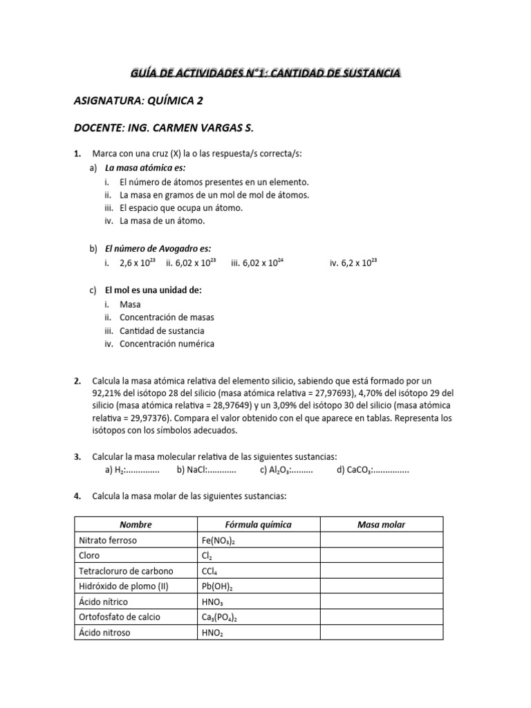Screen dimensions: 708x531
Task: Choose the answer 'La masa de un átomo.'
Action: pyautogui.click(x=162, y=221)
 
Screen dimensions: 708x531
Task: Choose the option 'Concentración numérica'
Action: pyautogui.click(x=167, y=344)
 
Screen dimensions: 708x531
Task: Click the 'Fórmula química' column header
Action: pyautogui.click(x=259, y=525)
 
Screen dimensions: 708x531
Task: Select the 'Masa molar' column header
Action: pyautogui.click(x=381, y=525)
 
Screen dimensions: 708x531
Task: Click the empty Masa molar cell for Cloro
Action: pyautogui.click(x=381, y=555)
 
